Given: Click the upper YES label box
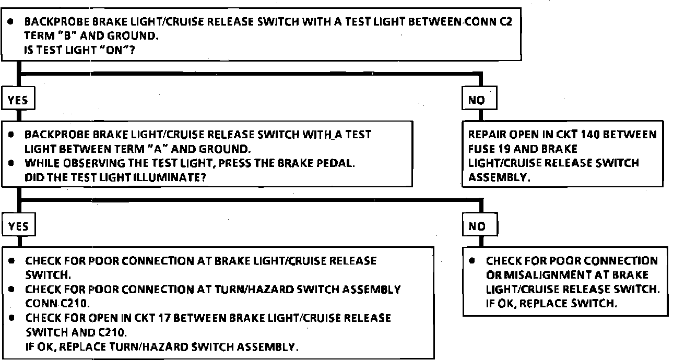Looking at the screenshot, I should (18, 101).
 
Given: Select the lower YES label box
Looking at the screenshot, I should (18, 226).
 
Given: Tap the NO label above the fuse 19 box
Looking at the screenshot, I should (477, 101).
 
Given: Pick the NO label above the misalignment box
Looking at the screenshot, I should (477, 226).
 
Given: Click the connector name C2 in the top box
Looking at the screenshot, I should (512, 22).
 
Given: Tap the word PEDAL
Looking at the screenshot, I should (338, 163).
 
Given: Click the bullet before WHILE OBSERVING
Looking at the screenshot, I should (11, 163).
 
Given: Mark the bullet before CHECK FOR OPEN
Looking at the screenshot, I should (11, 318).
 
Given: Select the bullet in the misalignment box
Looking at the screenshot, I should (472, 260).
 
